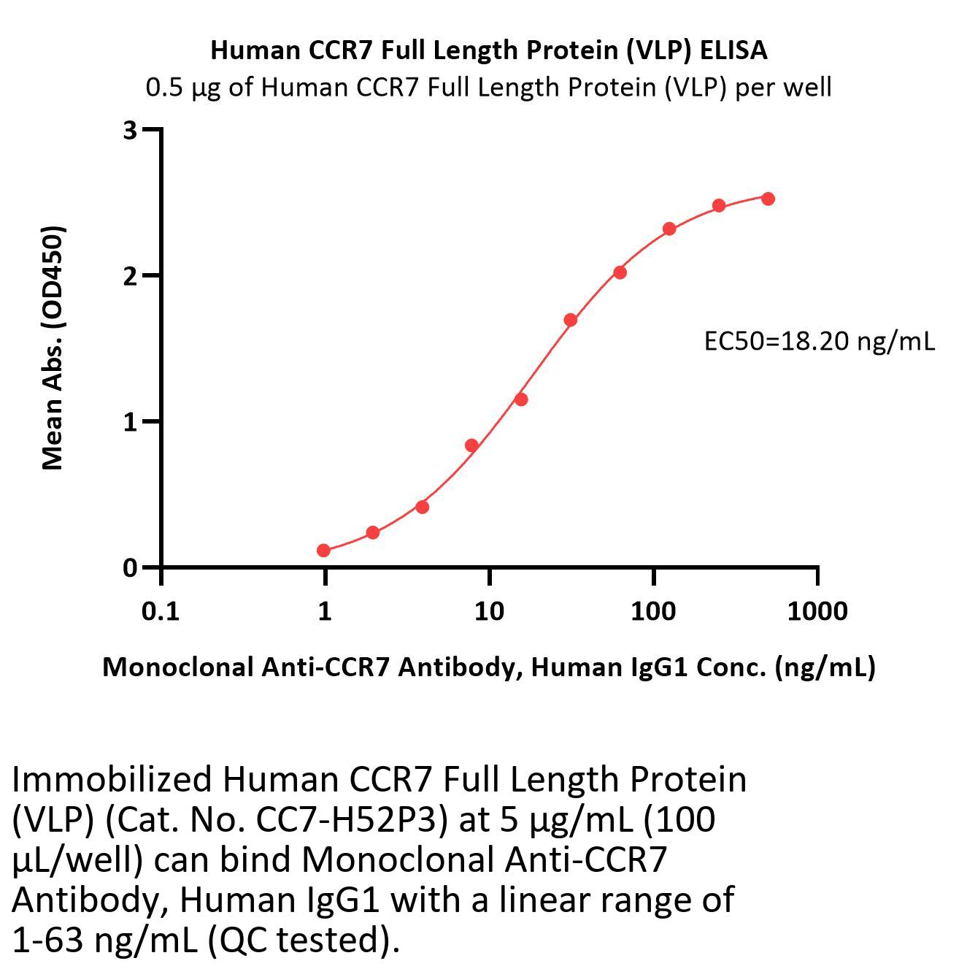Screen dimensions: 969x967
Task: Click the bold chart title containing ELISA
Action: tap(488, 50)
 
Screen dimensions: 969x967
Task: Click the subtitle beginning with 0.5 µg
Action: tap(488, 88)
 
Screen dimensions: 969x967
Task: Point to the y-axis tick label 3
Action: tap(130, 130)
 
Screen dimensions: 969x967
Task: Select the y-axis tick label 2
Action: tap(130, 276)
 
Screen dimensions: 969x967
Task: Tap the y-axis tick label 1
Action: tap(130, 422)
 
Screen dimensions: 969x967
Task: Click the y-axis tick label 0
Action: tap(130, 567)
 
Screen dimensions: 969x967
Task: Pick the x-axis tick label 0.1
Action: tap(161, 610)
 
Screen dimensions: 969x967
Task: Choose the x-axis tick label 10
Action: tap(489, 610)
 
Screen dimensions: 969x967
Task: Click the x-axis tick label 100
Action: tap(653, 610)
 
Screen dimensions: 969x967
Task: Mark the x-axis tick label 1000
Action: tap(817, 610)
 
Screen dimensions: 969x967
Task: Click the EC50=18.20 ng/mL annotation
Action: tap(819, 341)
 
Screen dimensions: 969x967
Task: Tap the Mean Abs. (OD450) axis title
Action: tap(53, 348)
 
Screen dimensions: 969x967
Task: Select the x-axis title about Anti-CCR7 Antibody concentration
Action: tap(488, 667)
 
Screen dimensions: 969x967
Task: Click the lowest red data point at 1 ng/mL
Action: tap(324, 551)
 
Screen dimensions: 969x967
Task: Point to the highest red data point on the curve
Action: tap(768, 199)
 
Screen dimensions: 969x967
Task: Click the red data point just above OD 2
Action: tap(620, 272)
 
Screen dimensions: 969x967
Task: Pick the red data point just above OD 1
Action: tap(521, 399)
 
